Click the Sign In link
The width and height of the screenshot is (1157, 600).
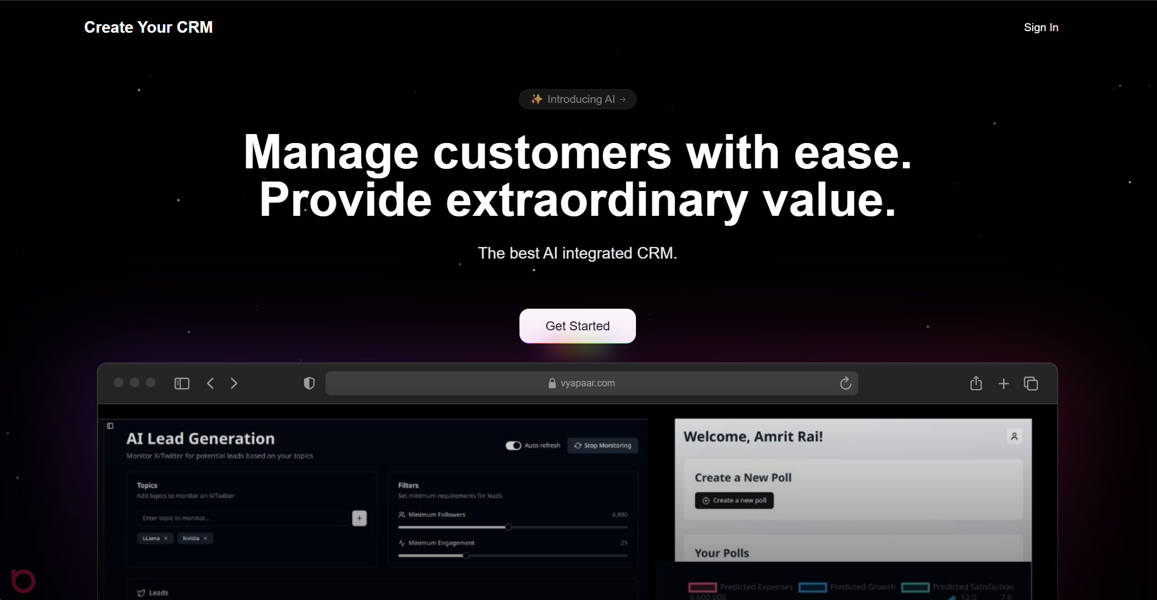pyautogui.click(x=1040, y=27)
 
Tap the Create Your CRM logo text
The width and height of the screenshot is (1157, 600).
pyautogui.click(x=148, y=27)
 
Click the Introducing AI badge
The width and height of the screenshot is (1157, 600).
pyautogui.click(x=577, y=99)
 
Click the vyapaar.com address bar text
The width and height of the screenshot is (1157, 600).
pyautogui.click(x=587, y=383)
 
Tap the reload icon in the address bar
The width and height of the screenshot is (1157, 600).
pyautogui.click(x=845, y=383)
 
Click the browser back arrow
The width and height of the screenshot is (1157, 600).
pyautogui.click(x=210, y=383)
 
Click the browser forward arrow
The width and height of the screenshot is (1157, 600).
pyautogui.click(x=234, y=383)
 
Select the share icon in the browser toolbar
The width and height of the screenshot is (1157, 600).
pyautogui.click(x=976, y=383)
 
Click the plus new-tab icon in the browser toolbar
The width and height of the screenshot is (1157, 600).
pyautogui.click(x=1003, y=384)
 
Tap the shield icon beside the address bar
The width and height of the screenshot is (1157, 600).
pyautogui.click(x=310, y=383)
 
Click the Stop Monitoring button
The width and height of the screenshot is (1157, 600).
pyautogui.click(x=602, y=445)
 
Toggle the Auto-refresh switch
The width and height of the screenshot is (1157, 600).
pyautogui.click(x=513, y=445)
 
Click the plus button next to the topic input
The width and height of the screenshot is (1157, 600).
pyautogui.click(x=359, y=518)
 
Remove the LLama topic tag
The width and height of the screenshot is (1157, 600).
pyautogui.click(x=166, y=538)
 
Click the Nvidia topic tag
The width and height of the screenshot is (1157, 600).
pyautogui.click(x=191, y=538)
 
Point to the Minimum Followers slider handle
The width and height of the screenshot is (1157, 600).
pyautogui.click(x=508, y=527)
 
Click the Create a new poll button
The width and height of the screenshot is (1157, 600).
pyautogui.click(x=734, y=500)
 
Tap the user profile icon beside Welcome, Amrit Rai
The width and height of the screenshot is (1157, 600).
pyautogui.click(x=1014, y=436)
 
